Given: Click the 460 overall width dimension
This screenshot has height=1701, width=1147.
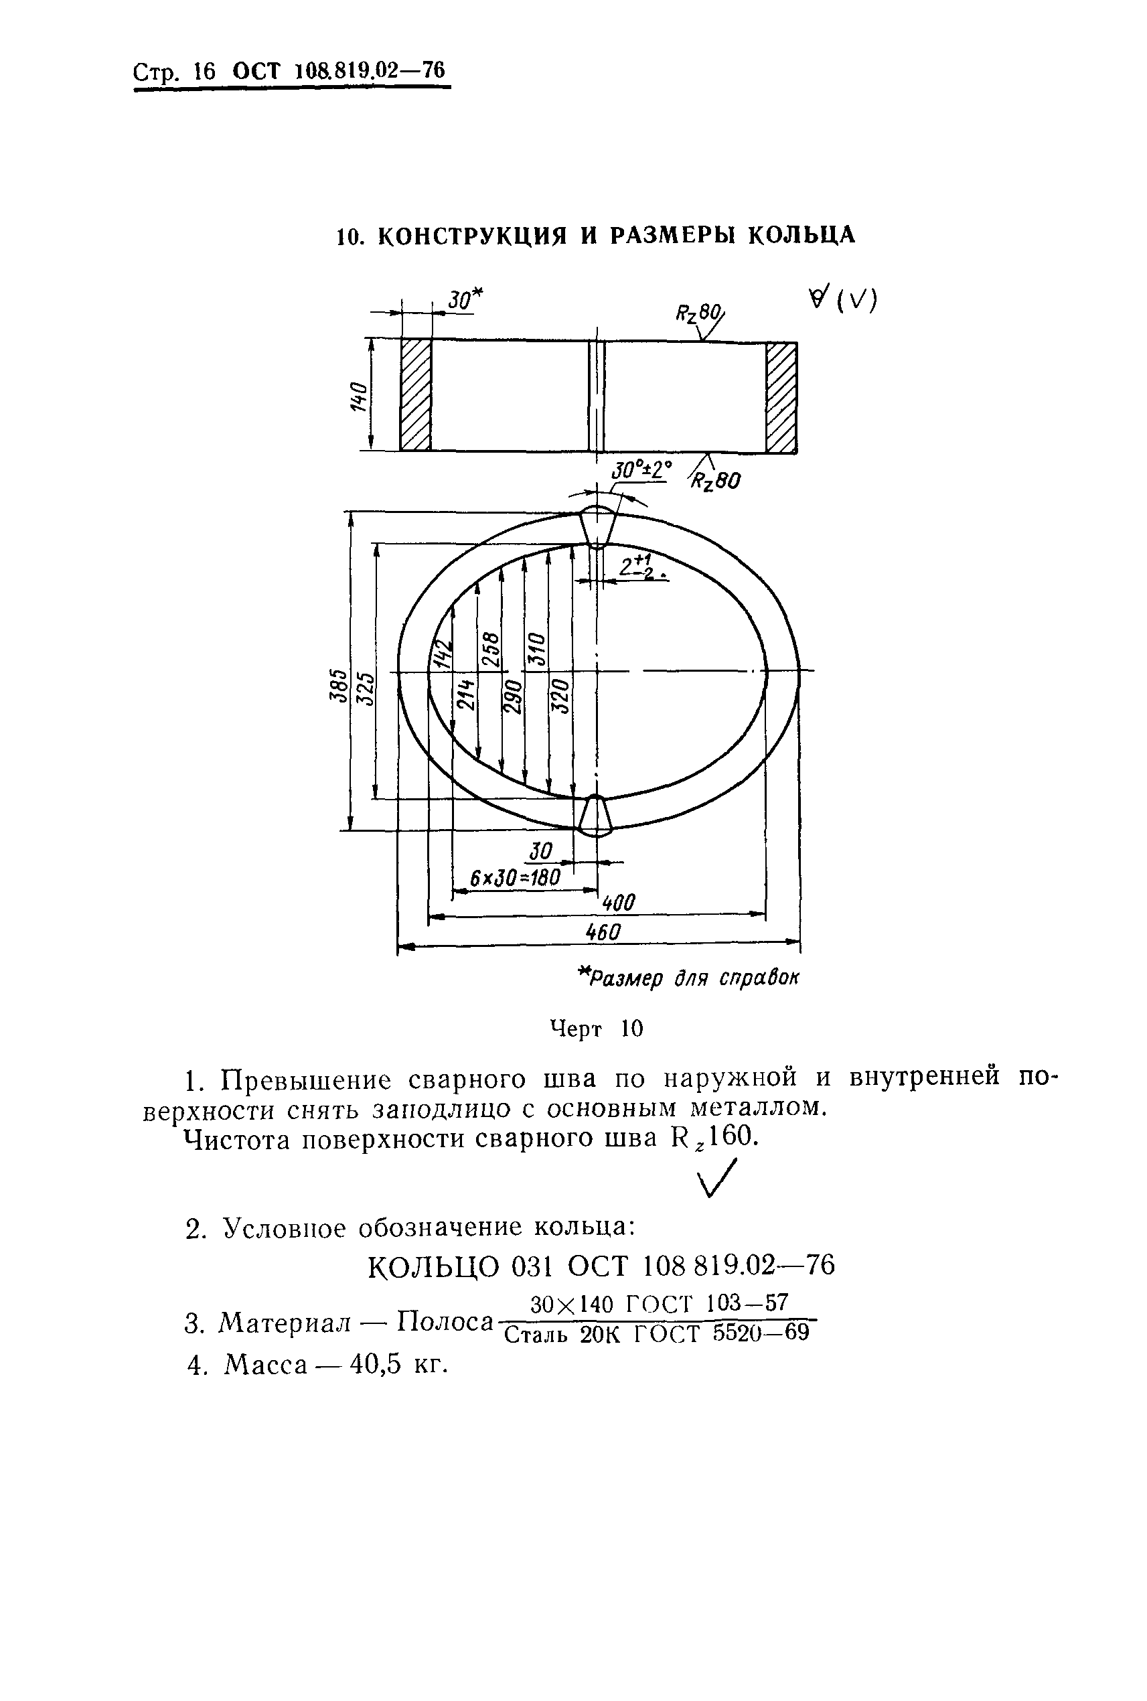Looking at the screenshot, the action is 603,932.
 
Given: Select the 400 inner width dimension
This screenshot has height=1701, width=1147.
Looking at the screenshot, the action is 618,903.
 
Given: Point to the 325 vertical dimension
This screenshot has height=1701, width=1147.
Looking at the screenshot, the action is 364,688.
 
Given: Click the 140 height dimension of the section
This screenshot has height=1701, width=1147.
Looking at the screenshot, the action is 358,396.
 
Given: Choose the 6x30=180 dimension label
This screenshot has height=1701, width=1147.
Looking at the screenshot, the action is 514,878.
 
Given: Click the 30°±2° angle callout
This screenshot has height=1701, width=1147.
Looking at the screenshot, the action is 640,469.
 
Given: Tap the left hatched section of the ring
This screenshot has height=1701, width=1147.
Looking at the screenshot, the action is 416,395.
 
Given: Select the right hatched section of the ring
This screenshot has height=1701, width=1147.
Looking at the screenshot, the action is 781,397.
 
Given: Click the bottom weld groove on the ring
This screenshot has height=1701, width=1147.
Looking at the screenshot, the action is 595,816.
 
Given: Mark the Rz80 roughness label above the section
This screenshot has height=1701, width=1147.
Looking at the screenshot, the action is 698,315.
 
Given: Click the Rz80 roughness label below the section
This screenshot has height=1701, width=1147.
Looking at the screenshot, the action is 715,481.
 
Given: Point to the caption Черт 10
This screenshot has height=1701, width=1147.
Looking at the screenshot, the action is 596,1029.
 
